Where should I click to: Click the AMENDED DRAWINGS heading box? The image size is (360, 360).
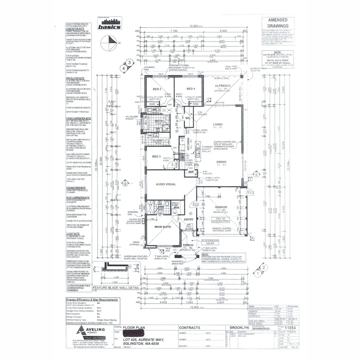pyautogui.click(x=278, y=23)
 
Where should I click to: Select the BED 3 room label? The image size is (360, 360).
pyautogui.click(x=157, y=89)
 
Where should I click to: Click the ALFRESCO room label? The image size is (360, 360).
pyautogui.click(x=220, y=86)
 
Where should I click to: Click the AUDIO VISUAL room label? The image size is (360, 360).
pyautogui.click(x=166, y=184)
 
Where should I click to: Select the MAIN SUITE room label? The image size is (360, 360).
pyautogui.click(x=162, y=227)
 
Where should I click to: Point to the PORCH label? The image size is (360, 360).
pyautogui.click(x=188, y=245)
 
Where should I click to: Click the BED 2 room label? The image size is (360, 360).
pyautogui.click(x=157, y=157)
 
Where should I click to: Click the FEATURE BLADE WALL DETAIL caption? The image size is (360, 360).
pyautogui.click(x=116, y=288)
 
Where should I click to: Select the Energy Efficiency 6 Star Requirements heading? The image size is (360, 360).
pyautogui.click(x=92, y=300)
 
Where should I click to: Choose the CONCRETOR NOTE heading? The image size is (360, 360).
pyautogui.click(x=75, y=29)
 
